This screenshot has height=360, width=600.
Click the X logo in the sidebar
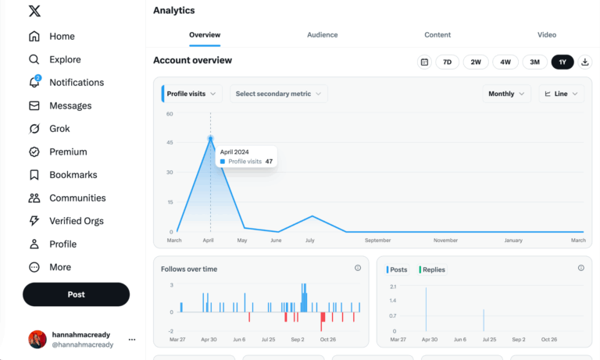[34, 11]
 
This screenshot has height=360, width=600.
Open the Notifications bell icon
[34, 82]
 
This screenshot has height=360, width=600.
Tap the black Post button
[76, 294]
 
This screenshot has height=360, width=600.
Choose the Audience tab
[322, 35]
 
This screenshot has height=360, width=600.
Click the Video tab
[547, 35]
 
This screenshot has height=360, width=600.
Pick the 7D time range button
[447, 62]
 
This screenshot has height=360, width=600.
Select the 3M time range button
[534, 62]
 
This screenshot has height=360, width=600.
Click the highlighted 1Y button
[562, 62]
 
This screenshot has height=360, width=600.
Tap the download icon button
[584, 62]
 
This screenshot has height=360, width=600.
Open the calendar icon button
[424, 62]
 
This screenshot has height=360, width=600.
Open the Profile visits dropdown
[191, 94]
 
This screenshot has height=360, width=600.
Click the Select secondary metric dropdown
[279, 94]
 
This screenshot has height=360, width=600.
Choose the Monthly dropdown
[506, 94]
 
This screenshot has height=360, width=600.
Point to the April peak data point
[210, 138]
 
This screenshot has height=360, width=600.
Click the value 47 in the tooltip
[269, 162]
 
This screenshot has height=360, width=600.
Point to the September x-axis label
[377, 241]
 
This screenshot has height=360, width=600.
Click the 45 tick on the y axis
[170, 142]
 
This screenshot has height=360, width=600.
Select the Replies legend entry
[431, 269]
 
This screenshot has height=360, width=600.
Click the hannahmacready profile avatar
[37, 340]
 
